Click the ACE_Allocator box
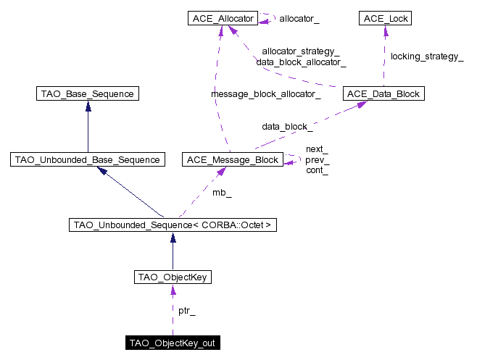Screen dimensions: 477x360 (x=223, y=18)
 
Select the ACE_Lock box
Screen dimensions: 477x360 (x=385, y=18)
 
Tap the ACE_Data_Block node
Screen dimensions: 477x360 (x=383, y=93)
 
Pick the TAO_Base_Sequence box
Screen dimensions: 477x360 (x=88, y=93)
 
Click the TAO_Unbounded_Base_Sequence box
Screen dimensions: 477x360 (x=88, y=159)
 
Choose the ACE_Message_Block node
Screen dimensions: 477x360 (x=233, y=159)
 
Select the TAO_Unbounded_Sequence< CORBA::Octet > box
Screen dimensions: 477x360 (x=173, y=225)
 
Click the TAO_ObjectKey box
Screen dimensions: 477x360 (x=173, y=277)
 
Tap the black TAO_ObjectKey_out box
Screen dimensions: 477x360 (x=173, y=343)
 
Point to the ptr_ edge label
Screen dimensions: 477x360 (x=187, y=311)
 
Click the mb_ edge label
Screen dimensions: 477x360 (x=222, y=193)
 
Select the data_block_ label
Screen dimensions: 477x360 (x=287, y=127)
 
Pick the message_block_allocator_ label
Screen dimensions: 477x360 (x=266, y=94)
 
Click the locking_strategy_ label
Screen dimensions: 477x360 (x=427, y=56)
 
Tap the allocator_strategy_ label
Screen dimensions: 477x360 (x=301, y=51)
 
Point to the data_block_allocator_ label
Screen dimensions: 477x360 (x=301, y=62)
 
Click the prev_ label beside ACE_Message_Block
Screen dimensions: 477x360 (x=318, y=160)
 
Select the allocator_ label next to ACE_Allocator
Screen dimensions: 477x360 (x=299, y=19)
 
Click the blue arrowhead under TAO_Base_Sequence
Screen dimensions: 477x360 (x=88, y=106)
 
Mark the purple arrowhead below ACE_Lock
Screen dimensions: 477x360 (x=386, y=30)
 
